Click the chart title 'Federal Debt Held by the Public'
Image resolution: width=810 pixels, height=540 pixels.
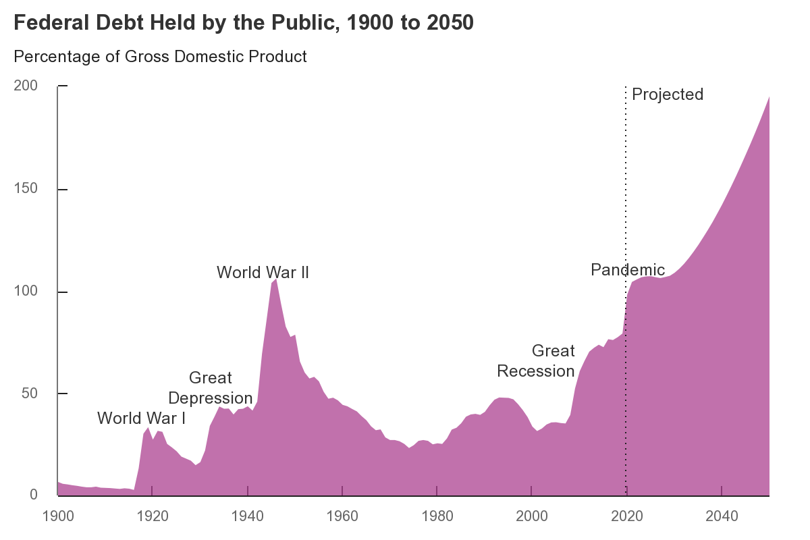coord(244,23)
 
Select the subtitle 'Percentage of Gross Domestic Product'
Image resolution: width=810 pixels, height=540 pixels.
coord(160,57)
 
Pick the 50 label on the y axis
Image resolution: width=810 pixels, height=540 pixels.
coord(31,394)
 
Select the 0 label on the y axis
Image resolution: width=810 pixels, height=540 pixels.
coord(34,495)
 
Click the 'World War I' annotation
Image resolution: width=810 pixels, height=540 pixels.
coord(141,418)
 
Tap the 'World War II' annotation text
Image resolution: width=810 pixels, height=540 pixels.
coord(263,273)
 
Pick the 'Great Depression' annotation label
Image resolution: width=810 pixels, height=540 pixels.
coord(210,388)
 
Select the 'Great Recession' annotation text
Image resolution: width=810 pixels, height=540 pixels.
coord(536,361)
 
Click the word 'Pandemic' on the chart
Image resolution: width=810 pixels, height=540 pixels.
coord(628,270)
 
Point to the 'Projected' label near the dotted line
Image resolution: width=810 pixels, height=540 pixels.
coord(668,94)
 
